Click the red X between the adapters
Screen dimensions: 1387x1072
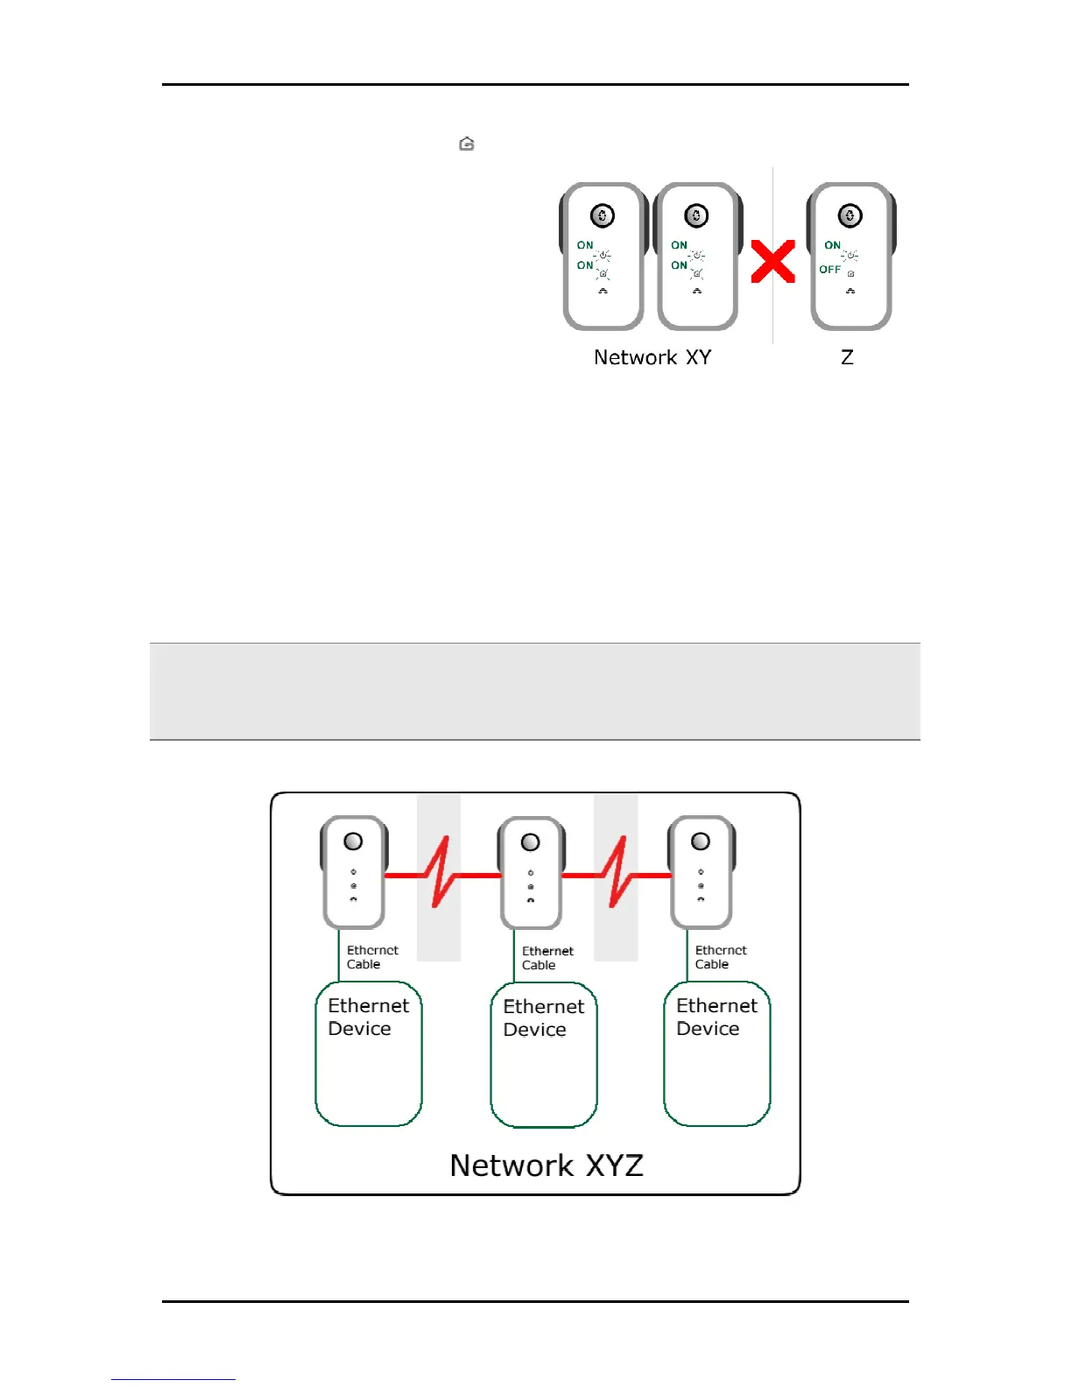772,262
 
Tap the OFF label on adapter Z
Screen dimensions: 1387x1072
829,270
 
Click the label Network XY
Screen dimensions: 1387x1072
652,357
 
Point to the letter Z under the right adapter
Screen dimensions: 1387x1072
847,357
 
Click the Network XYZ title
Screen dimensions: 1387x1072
547,1165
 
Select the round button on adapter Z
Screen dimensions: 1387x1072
850,215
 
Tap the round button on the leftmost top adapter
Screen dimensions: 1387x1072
603,215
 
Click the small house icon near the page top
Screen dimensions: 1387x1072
467,144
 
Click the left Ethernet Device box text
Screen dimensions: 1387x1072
368,1017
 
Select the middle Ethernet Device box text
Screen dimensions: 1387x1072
543,1017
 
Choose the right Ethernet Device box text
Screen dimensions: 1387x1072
716,1017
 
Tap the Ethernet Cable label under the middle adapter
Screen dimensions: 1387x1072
547,958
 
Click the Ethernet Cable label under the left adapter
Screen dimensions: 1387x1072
372,957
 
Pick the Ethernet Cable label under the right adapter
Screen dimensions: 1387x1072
721,957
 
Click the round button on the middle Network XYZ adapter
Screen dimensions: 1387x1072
530,842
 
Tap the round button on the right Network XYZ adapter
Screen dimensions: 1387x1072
701,841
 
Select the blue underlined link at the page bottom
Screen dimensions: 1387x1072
173,1378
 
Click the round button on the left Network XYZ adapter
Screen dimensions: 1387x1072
353,841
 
